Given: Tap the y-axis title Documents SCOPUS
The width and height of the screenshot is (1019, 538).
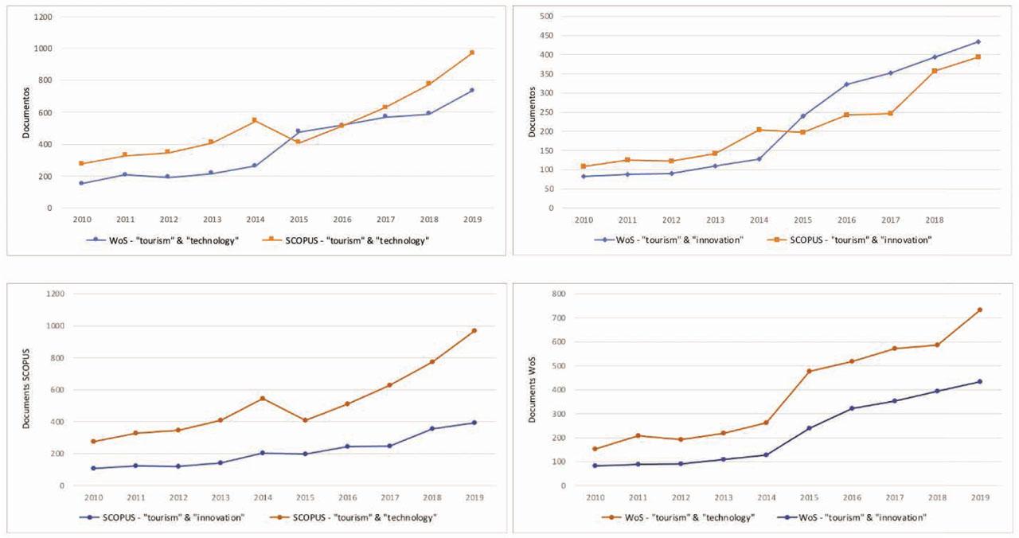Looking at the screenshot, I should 26,389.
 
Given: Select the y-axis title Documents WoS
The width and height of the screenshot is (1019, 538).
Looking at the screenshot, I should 533,389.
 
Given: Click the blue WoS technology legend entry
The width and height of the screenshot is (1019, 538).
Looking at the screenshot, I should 166,240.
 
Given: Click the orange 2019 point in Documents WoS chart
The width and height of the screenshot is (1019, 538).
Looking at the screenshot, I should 980,310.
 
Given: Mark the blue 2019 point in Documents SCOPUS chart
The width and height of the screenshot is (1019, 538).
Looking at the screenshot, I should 474,423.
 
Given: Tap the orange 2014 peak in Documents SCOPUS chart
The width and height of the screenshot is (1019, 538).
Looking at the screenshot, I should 263,398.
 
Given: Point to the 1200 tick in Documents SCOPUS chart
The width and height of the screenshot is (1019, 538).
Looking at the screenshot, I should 54,294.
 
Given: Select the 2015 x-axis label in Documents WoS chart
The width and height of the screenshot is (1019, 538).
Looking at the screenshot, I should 809,497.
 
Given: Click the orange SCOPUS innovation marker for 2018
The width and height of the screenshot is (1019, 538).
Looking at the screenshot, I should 935,71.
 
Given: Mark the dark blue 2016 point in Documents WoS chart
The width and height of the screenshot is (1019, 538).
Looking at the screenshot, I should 852,408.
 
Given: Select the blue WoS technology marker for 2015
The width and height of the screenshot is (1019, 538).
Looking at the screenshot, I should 298,131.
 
